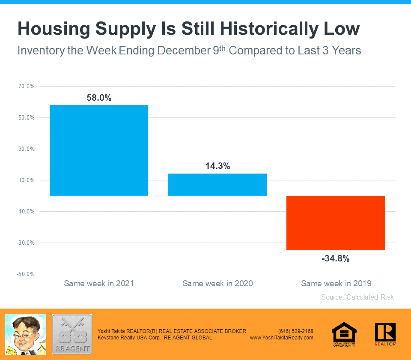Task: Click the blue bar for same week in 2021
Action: [x=99, y=150]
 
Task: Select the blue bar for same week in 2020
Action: [x=217, y=185]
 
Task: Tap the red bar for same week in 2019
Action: [x=336, y=223]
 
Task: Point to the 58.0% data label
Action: [x=99, y=98]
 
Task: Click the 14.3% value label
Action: [x=217, y=166]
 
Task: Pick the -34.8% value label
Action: [x=336, y=258]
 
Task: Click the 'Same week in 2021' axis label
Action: [x=99, y=283]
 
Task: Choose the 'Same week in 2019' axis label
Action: [x=336, y=283]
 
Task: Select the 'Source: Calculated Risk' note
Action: [x=357, y=297]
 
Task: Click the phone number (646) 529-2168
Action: [x=296, y=331]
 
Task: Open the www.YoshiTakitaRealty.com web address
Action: [x=282, y=338]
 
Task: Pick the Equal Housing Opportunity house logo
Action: [x=344, y=334]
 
